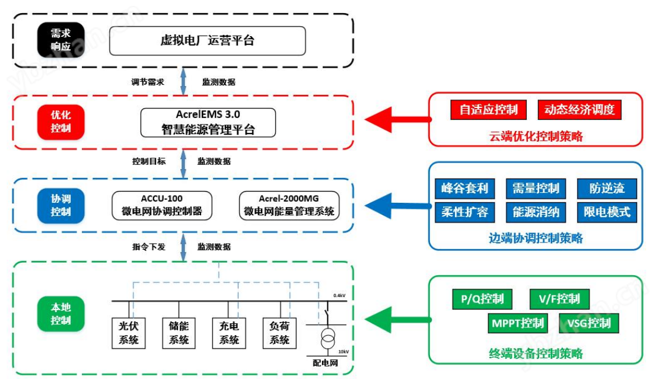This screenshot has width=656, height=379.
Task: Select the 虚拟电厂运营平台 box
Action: click(x=207, y=40)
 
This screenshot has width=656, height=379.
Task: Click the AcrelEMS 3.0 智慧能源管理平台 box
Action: click(x=208, y=122)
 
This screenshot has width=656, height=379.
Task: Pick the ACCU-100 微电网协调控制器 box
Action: click(x=162, y=205)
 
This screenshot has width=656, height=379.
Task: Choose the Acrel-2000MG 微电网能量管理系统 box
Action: click(x=289, y=205)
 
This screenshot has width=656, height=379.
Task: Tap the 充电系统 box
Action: click(x=229, y=333)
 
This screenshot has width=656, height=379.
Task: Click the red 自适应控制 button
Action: click(x=489, y=110)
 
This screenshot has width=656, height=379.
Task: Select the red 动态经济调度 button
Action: click(x=579, y=110)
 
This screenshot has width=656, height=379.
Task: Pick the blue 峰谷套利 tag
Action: click(x=465, y=189)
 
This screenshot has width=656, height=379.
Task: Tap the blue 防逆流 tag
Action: click(x=607, y=189)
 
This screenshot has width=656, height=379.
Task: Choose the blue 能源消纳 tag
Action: click(x=536, y=211)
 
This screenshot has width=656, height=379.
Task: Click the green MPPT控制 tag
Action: click(x=518, y=323)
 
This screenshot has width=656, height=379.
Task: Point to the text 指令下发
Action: click(x=149, y=247)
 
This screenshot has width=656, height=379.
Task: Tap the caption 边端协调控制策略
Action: click(x=536, y=238)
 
